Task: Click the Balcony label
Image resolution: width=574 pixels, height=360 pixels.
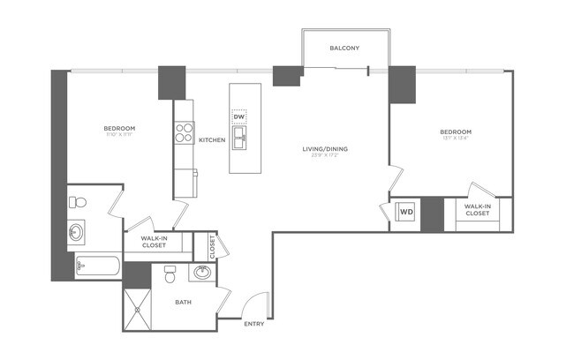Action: click(344, 48)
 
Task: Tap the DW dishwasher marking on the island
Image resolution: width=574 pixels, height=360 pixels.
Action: click(238, 116)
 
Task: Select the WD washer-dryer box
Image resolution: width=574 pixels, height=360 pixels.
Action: click(405, 212)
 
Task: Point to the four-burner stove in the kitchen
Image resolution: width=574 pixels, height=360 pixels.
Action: click(185, 133)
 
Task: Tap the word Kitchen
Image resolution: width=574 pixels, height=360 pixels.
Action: click(211, 140)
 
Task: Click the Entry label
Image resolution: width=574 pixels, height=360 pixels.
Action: click(255, 324)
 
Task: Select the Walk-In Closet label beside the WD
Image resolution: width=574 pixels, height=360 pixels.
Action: click(477, 210)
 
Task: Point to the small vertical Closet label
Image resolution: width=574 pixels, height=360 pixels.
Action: click(212, 246)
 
